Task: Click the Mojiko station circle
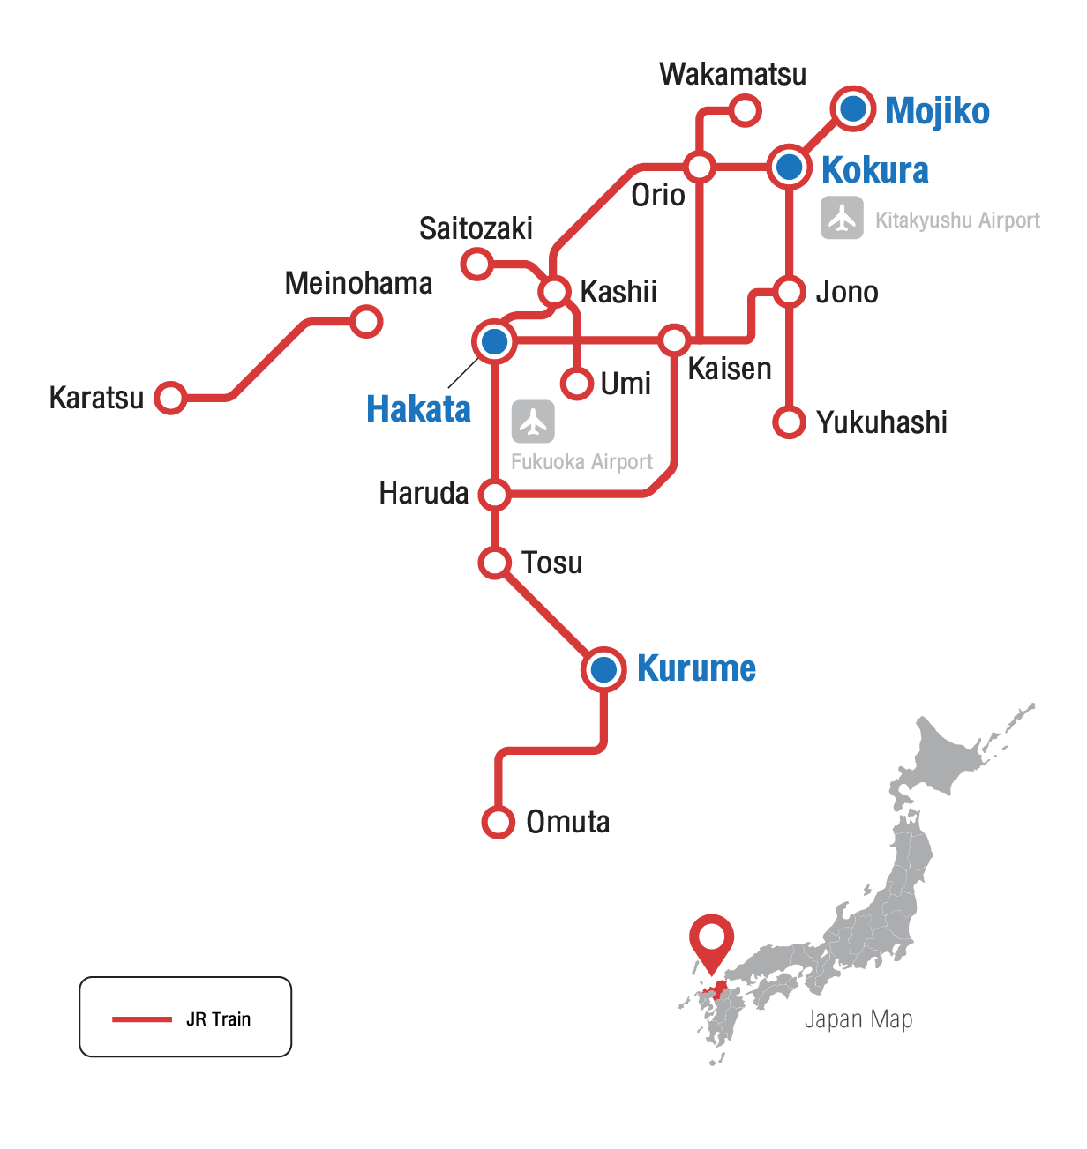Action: (853, 109)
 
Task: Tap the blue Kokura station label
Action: (874, 170)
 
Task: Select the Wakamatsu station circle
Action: (746, 111)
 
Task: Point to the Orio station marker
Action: (700, 166)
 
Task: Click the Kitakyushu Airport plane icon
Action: (842, 218)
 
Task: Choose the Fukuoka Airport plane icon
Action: (533, 422)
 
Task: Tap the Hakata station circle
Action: (495, 341)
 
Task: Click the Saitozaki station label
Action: (476, 228)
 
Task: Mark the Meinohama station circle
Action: (366, 322)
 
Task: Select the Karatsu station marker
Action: (170, 398)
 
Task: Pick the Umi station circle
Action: (577, 384)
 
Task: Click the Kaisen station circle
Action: (674, 339)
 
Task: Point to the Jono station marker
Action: (790, 291)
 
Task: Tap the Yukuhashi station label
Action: (881, 422)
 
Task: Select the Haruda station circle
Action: (495, 494)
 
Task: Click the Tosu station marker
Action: (495, 562)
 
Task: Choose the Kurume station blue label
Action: (696, 668)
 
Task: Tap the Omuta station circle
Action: (499, 822)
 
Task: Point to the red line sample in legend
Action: (142, 1019)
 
